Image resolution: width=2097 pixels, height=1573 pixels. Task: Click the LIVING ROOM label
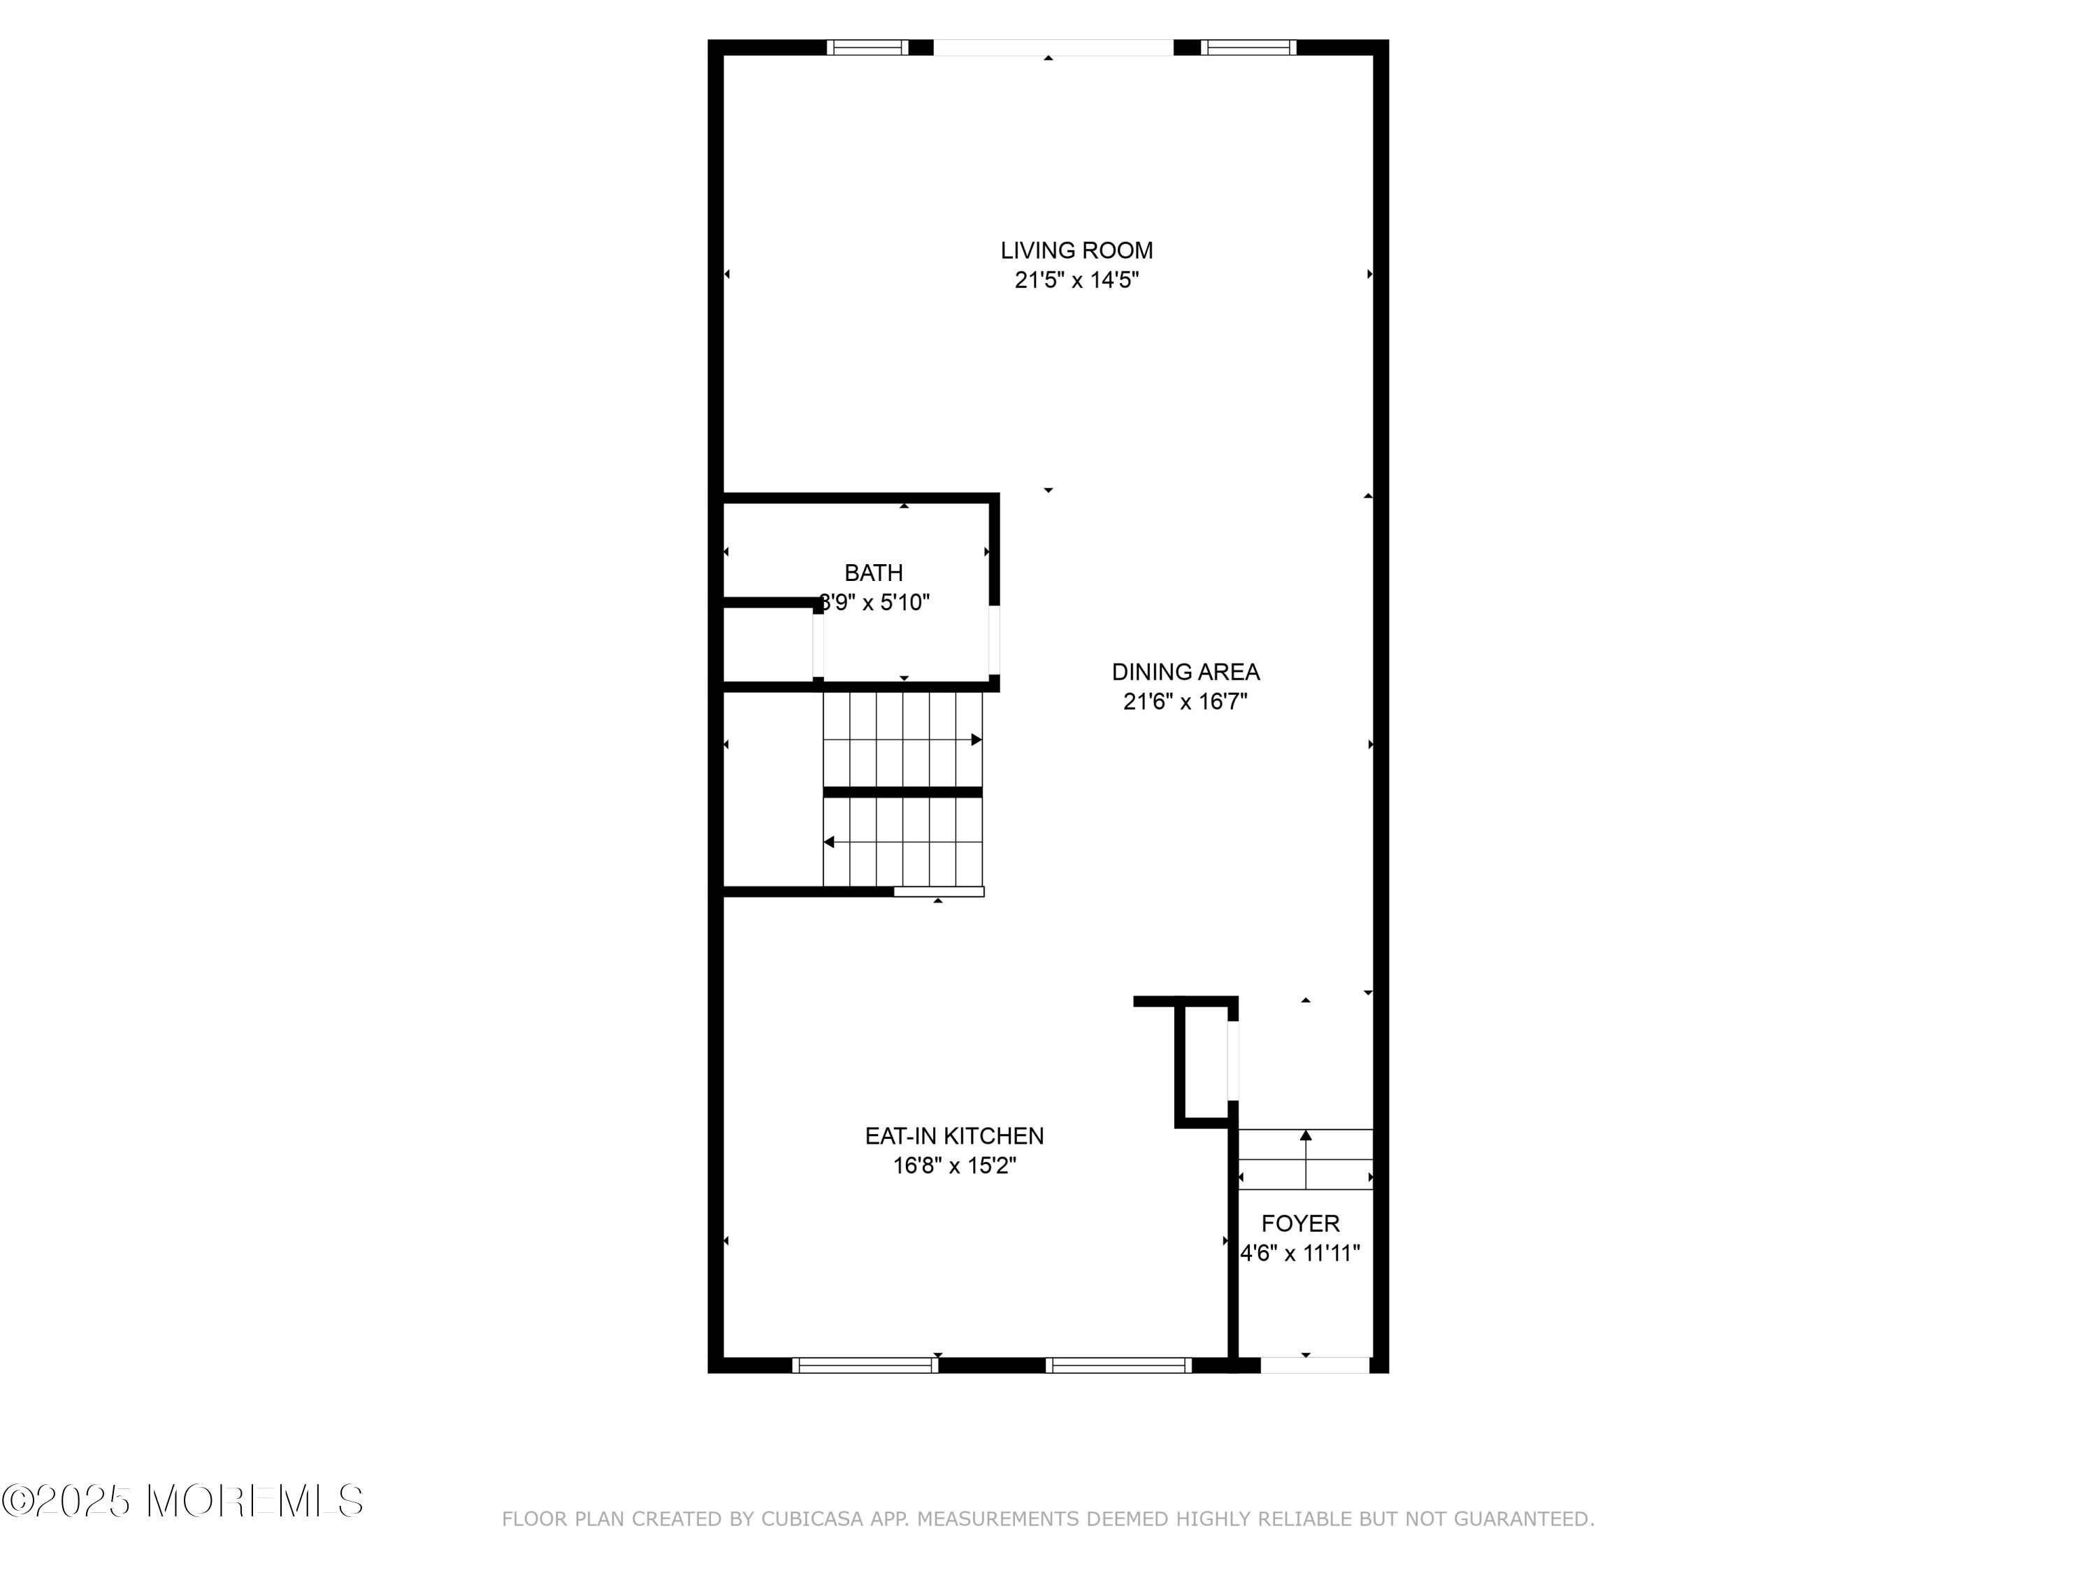click(x=1076, y=250)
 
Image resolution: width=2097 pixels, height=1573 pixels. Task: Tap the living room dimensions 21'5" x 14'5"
click(x=1076, y=280)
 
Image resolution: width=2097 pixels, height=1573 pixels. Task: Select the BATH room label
click(x=873, y=573)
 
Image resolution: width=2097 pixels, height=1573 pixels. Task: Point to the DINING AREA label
click(x=1185, y=673)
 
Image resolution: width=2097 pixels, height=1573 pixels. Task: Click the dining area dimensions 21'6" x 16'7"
click(x=1185, y=702)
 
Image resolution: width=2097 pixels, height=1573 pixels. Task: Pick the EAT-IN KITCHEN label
click(x=953, y=1136)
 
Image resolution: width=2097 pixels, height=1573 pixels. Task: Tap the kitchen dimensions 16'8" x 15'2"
click(x=953, y=1165)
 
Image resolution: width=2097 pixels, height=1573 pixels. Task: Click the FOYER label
click(x=1299, y=1223)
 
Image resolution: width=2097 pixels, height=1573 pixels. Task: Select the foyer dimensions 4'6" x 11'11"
click(x=1299, y=1253)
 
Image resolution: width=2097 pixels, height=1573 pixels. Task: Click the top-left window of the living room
click(x=867, y=48)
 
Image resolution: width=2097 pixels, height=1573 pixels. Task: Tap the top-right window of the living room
click(x=1248, y=48)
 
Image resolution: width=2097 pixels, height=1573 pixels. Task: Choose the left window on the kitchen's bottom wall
click(x=865, y=1365)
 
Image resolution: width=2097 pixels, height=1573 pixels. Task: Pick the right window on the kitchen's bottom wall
click(x=1118, y=1365)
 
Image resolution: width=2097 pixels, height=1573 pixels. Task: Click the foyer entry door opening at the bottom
click(x=1314, y=1365)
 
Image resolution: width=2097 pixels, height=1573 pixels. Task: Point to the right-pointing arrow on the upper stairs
click(x=976, y=740)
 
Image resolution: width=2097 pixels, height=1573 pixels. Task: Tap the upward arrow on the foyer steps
click(x=1306, y=1136)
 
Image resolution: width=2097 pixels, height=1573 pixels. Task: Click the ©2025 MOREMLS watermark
click(x=182, y=1501)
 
